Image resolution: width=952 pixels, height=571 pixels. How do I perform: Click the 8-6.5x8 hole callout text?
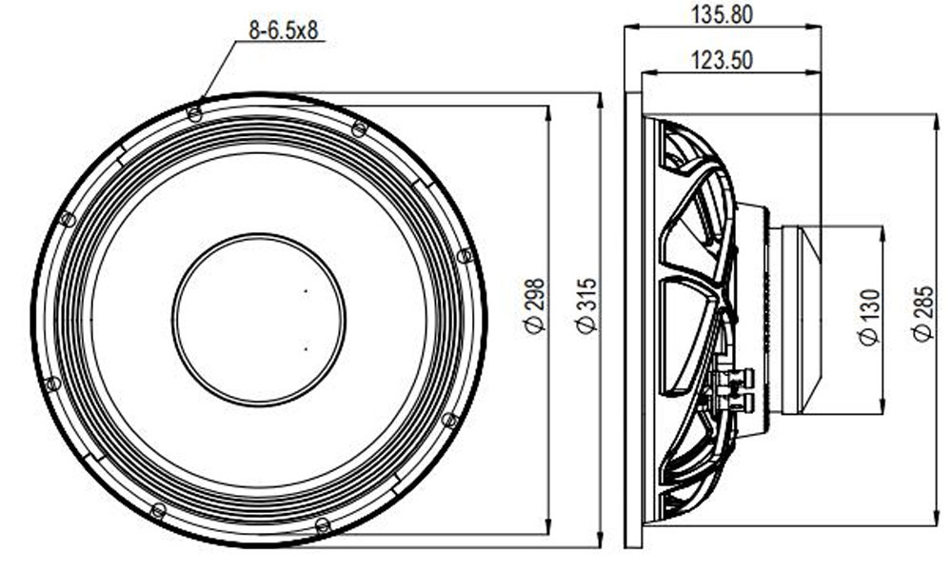coord(284,30)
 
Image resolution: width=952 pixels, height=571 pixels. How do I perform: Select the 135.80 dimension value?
coord(722,14)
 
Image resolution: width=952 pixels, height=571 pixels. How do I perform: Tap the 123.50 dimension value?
coord(722,60)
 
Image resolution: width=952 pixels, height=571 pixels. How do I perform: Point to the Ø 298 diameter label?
coord(535,306)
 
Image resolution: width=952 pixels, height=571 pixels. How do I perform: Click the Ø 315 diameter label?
coord(586,306)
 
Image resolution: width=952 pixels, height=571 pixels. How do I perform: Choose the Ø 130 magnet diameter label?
coord(869,317)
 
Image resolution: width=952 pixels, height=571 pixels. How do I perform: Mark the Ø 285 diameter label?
coord(922,314)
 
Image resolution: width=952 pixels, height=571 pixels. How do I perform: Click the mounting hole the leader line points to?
coord(195,113)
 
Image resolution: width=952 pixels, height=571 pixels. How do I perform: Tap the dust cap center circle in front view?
coord(259,320)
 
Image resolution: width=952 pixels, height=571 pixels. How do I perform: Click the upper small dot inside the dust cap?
coord(306,291)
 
